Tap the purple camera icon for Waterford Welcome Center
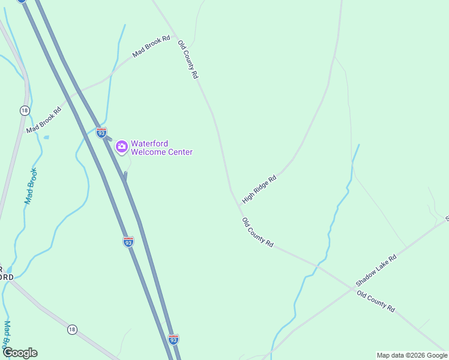click(x=121, y=146)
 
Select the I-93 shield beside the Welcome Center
click(x=101, y=132)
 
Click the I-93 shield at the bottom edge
click(x=173, y=340)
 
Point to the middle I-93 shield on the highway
click(x=128, y=241)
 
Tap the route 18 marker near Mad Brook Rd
click(x=24, y=110)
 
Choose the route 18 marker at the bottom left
click(x=72, y=329)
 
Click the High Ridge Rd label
click(x=259, y=188)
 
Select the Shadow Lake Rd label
click(x=376, y=270)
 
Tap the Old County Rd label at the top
click(x=188, y=59)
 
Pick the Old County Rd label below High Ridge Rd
click(x=258, y=233)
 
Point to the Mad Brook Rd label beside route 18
click(x=44, y=119)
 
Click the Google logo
click(x=20, y=353)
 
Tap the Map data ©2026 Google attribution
click(x=412, y=355)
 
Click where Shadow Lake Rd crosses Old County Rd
click(x=354, y=288)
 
